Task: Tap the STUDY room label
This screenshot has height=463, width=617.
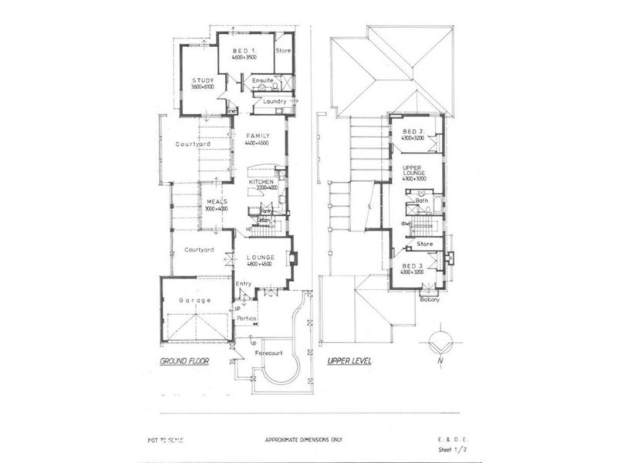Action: point(204,80)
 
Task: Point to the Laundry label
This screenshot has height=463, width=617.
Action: point(275,101)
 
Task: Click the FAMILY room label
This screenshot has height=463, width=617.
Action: point(257,136)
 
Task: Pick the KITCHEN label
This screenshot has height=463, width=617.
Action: point(261,181)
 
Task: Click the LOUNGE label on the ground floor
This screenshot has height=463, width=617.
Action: point(261,258)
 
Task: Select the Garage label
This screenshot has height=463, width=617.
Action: point(195,299)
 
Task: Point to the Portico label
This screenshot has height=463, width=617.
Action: point(247,318)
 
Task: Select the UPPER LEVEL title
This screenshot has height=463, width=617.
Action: point(349,361)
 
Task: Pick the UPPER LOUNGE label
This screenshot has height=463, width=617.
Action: point(415,170)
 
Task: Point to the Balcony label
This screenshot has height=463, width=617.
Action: point(430,299)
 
